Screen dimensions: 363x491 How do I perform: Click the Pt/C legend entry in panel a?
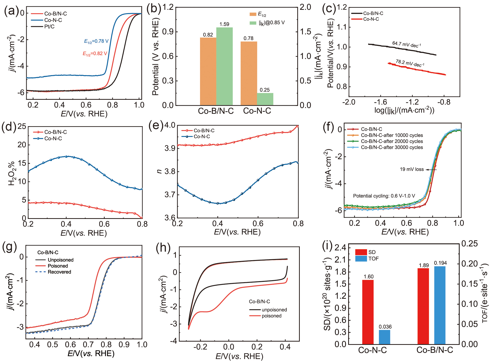[49, 27]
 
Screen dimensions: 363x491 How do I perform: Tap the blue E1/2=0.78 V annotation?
[96, 41]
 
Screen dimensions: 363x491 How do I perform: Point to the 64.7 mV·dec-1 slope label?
[406, 44]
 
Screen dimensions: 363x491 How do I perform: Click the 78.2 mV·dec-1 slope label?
[410, 63]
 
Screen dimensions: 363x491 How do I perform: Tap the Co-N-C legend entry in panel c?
[371, 19]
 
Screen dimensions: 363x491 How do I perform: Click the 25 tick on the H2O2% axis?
[22, 126]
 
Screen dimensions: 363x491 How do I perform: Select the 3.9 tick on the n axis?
[170, 148]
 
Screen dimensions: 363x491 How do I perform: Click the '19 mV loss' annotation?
[412, 170]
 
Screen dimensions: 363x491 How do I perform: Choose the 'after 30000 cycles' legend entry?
[392, 147]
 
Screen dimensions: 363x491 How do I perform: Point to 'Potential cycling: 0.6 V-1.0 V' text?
[384, 196]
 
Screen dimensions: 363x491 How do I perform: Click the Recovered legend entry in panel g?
[59, 272]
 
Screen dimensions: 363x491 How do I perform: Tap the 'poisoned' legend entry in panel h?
[271, 316]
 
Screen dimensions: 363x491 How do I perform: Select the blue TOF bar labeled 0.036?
[384, 337]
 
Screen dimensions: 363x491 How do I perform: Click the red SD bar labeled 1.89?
[423, 306]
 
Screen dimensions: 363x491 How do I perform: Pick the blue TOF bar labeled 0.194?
[440, 305]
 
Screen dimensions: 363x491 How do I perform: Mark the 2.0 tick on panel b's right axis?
[305, 7]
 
